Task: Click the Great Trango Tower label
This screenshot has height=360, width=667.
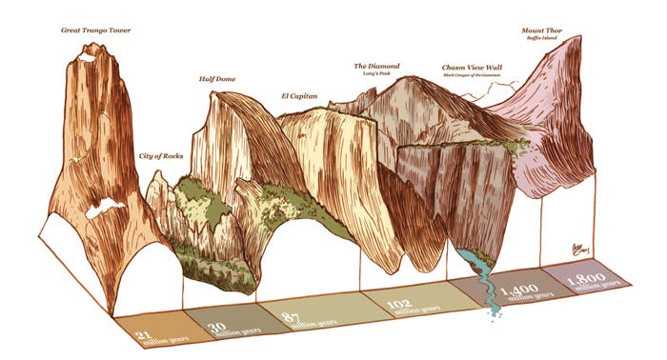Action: (x=95, y=30)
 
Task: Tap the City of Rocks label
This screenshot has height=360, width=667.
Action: (x=160, y=155)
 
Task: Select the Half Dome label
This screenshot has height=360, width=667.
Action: (x=217, y=79)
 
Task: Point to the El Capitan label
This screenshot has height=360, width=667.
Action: (x=299, y=96)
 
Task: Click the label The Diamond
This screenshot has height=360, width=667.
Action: (x=377, y=66)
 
